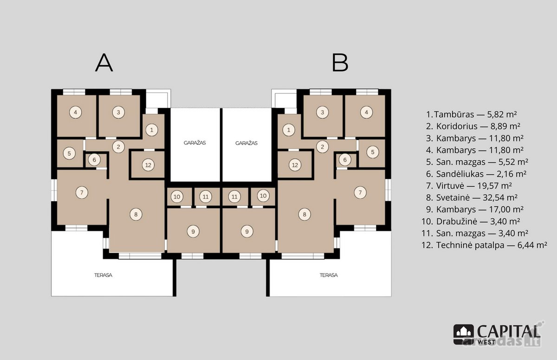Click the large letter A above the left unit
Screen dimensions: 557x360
[x=104, y=63]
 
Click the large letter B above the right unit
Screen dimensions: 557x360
[x=340, y=63]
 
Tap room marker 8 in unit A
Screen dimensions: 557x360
[x=136, y=214]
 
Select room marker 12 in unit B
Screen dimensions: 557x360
[x=295, y=165]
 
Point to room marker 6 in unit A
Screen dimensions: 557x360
[x=94, y=160]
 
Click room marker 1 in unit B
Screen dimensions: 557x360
[x=289, y=130]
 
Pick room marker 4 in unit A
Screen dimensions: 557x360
[x=76, y=112]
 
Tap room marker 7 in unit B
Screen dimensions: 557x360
[x=360, y=192]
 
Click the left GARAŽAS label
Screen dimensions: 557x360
[x=194, y=143]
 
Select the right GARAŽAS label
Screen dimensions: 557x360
[x=246, y=143]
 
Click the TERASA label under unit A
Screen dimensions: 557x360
[x=103, y=275]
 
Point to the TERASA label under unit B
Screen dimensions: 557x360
[x=329, y=275]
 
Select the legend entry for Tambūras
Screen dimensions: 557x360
[x=472, y=114]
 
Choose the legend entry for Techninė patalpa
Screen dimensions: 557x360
[x=485, y=245]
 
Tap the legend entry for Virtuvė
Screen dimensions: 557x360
[x=469, y=186]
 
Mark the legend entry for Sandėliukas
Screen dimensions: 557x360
[x=476, y=174]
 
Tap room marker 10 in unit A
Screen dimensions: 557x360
[x=177, y=197]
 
